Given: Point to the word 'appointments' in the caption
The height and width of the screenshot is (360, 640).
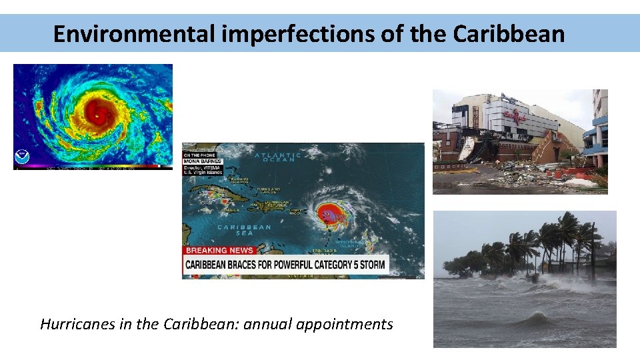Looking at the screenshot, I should click(x=345, y=325).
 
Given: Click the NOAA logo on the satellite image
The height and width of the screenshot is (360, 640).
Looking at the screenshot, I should click(x=22, y=157).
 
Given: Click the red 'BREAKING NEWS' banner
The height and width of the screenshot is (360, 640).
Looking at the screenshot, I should click(x=219, y=251).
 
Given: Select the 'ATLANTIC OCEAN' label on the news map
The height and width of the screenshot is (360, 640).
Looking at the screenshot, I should click(x=277, y=158).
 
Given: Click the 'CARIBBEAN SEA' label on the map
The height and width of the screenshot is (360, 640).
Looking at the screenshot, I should click(x=245, y=230).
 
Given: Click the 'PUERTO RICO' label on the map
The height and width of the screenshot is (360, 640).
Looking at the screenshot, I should click(x=295, y=211).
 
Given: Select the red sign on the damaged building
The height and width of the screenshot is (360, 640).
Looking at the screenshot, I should click(x=515, y=116).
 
